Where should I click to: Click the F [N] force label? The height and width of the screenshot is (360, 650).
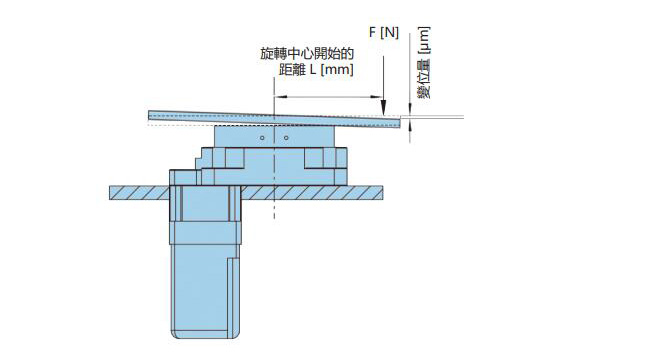point(383,32)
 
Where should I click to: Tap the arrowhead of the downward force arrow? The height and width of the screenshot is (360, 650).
point(384,108)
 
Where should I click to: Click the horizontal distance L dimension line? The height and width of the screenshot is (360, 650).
point(330,97)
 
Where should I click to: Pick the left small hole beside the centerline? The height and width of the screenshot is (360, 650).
point(262,139)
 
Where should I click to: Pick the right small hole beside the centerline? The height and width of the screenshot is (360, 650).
point(286,139)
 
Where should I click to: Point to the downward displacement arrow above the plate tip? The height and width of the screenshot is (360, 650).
point(412,105)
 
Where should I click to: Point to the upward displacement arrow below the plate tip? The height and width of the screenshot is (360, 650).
point(412,132)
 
